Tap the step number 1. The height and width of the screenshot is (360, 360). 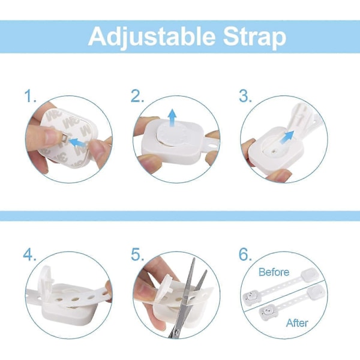31,96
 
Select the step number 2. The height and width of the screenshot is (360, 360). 137,96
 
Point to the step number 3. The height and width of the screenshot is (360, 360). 245,96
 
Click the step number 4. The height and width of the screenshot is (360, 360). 29,254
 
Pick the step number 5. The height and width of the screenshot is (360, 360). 137,254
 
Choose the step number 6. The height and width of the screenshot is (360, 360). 245,254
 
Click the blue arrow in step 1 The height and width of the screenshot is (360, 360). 77,142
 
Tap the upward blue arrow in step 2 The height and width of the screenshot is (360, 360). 172,118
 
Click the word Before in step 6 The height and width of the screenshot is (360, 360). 274,272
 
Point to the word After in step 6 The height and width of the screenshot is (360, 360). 297,323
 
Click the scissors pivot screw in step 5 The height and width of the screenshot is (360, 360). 176,332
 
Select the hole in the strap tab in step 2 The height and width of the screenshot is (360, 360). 213,145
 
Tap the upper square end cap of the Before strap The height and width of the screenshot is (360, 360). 308,275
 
